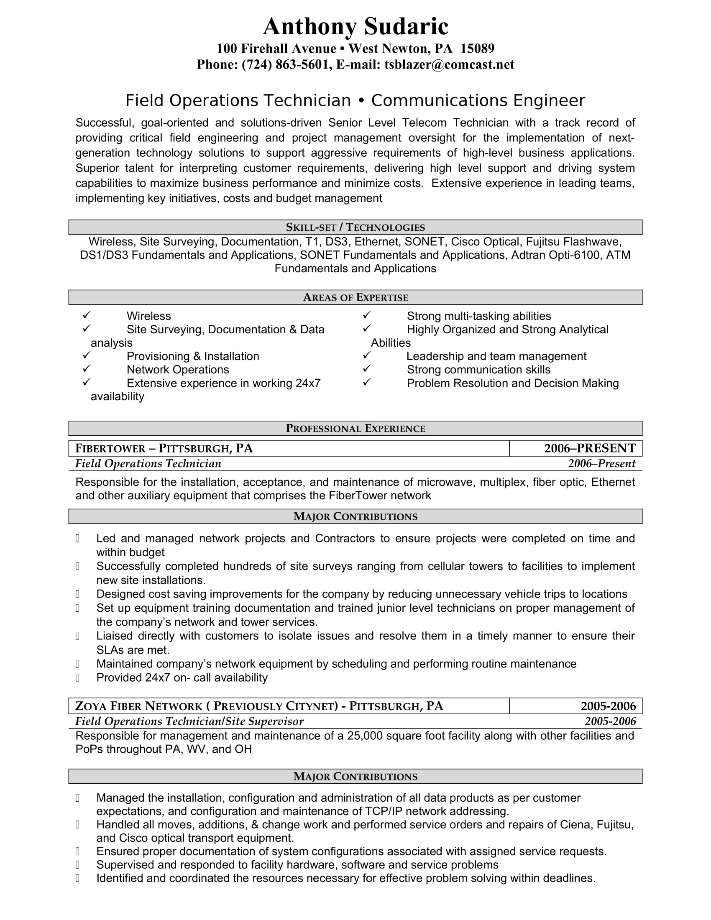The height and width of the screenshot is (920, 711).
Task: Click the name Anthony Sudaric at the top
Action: (355, 26)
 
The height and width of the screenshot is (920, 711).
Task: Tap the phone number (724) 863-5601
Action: (285, 64)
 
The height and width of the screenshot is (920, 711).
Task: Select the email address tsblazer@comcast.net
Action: (449, 64)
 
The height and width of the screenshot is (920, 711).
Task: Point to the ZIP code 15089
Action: (477, 49)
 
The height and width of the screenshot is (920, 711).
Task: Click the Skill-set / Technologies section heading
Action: (355, 227)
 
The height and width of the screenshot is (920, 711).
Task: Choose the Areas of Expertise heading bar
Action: (355, 297)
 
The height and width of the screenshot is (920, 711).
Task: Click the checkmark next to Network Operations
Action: (86, 368)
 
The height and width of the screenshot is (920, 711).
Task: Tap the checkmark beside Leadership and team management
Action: (366, 355)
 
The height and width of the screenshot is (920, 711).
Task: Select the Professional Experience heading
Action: (355, 428)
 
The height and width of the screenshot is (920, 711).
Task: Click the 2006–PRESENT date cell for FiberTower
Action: (590, 448)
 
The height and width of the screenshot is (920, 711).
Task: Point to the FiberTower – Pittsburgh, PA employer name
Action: (164, 448)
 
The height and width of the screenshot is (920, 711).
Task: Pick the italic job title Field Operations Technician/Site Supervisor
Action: (189, 721)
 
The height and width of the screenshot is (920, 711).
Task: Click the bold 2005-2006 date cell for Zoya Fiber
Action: (608, 706)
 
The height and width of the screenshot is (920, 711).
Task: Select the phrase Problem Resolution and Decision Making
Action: (513, 383)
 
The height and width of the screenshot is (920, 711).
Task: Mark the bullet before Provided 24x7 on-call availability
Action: (77, 678)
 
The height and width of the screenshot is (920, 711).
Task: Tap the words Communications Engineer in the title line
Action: (478, 101)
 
